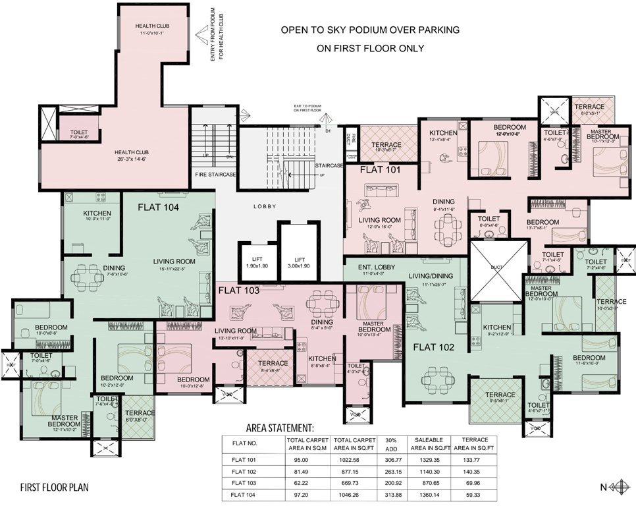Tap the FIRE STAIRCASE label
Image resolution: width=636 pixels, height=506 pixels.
(215, 174)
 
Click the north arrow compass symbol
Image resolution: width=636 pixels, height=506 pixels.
(618, 488)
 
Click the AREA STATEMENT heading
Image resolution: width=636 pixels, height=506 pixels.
(280, 427)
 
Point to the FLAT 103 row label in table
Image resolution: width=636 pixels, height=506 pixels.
(244, 483)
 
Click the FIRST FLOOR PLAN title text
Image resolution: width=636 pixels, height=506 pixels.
(54, 488)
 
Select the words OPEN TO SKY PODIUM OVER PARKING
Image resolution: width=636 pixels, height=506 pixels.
(370, 30)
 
